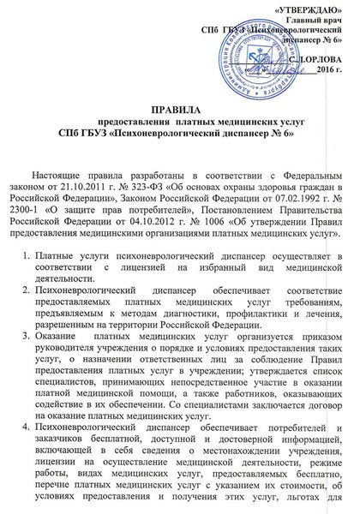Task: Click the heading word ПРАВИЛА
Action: click(179, 111)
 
